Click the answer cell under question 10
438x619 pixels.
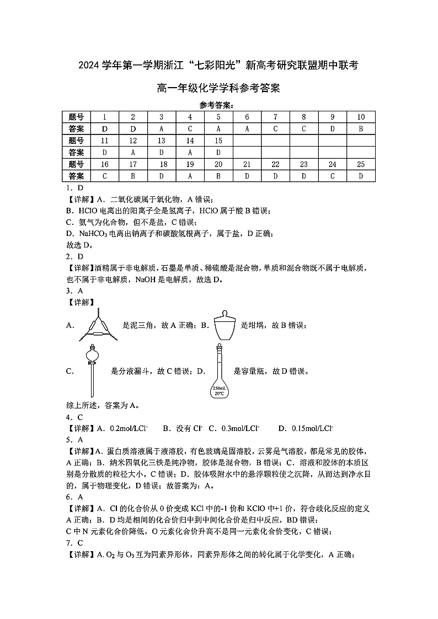pos(361,128)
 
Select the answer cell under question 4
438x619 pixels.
pos(190,128)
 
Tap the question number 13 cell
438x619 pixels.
pos(162,141)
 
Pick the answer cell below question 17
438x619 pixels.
pos(133,176)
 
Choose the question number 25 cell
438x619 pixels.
pos(361,164)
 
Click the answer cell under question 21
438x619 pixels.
pos(247,176)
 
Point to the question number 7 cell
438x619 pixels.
pos(275,117)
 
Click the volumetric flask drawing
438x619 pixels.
pos(220,371)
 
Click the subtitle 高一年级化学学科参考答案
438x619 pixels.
pos(218,88)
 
